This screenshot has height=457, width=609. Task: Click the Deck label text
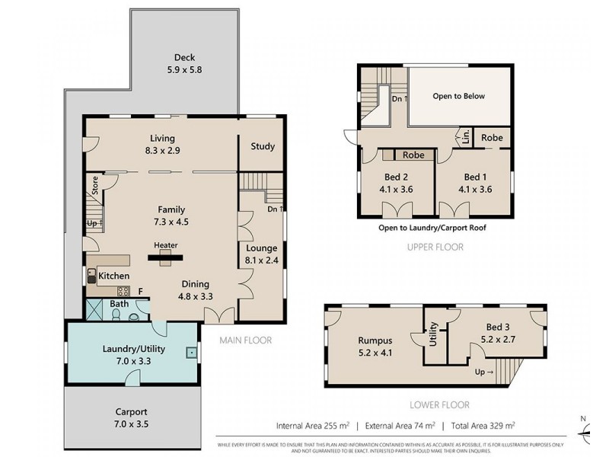click(x=184, y=57)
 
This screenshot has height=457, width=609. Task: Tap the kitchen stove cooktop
click(x=122, y=291)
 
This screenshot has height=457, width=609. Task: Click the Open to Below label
click(x=458, y=97)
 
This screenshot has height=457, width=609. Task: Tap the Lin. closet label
click(x=463, y=138)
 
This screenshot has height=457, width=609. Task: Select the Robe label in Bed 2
click(x=413, y=155)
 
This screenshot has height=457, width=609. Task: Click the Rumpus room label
click(x=374, y=340)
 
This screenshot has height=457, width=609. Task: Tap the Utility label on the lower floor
click(x=433, y=334)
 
